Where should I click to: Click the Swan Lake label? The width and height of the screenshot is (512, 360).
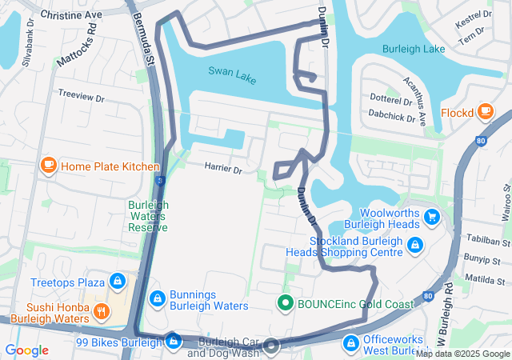tap(233, 71)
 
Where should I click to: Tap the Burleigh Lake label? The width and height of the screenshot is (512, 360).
tap(413, 49)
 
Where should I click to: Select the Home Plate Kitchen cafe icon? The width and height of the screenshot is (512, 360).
tap(48, 166)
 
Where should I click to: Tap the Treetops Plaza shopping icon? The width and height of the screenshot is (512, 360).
tap(118, 282)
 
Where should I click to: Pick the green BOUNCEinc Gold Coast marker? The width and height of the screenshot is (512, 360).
tap(284, 303)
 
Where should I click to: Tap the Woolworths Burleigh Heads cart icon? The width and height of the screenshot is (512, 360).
tap(432, 217)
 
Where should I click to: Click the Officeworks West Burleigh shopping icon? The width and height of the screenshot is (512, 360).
tap(350, 343)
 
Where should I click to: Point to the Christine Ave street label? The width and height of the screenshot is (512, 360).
tap(70, 15)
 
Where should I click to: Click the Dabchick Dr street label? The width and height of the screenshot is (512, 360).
tap(392, 116)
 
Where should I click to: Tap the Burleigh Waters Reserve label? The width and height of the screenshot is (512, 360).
tap(148, 216)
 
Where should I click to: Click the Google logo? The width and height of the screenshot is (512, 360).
tap(26, 350)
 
